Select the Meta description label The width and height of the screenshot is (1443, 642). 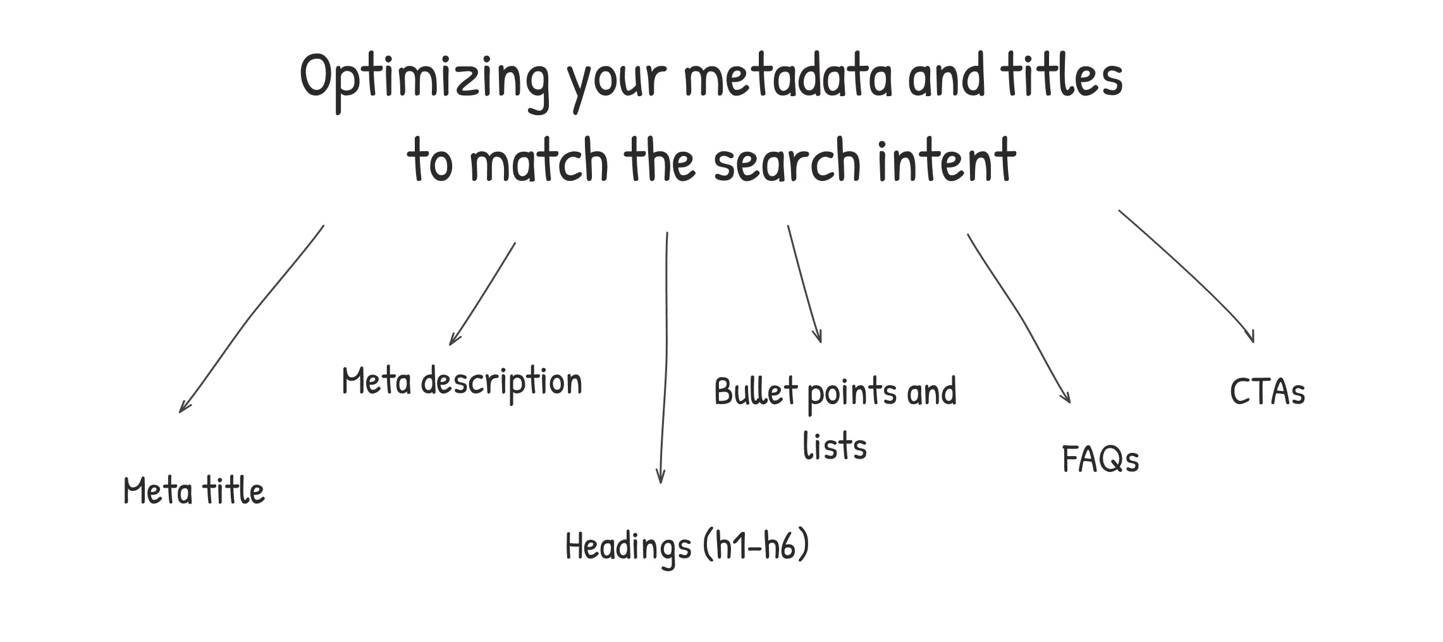click(x=462, y=381)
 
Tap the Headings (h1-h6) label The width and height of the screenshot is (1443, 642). click(x=687, y=546)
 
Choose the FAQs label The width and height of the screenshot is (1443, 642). click(x=1100, y=459)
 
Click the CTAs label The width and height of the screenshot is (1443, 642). click(x=1267, y=392)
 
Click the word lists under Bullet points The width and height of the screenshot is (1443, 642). click(x=835, y=445)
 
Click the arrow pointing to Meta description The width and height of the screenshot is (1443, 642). click(x=482, y=294)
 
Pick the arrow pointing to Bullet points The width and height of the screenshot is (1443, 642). click(x=803, y=285)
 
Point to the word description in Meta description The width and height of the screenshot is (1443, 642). click(x=501, y=383)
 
